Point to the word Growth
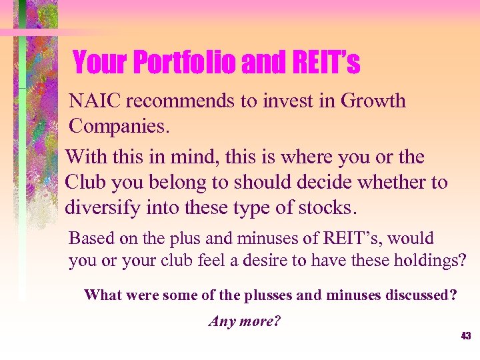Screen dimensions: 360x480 (x=373, y=101)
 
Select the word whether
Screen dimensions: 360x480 (x=387, y=183)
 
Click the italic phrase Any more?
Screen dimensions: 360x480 (x=245, y=321)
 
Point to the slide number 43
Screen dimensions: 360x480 (x=465, y=336)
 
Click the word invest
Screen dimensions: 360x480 (x=291, y=101)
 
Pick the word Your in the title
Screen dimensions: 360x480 (x=99, y=63)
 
